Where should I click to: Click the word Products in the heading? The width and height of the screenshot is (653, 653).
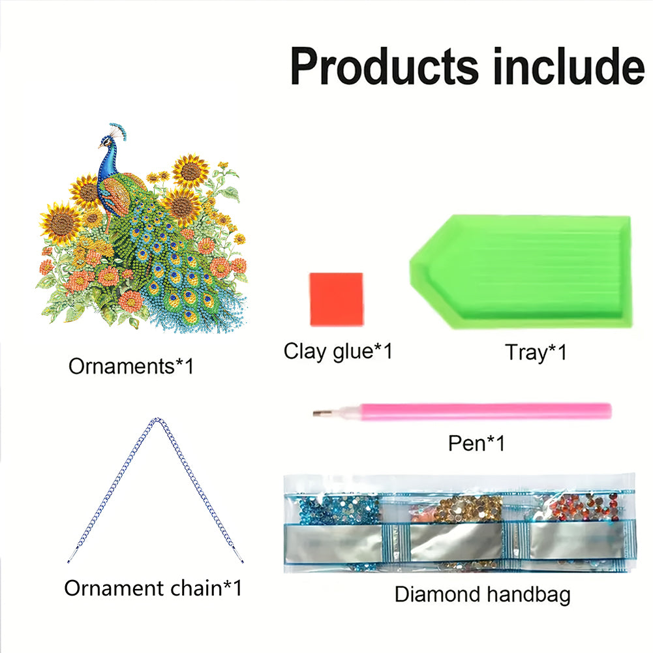pos(384,66)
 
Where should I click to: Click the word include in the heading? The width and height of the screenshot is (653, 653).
pos(568,65)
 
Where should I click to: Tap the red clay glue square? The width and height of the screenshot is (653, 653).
pos(336,299)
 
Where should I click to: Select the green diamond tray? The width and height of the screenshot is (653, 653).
pos(521,271)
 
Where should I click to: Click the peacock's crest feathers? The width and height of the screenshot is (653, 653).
pos(119,130)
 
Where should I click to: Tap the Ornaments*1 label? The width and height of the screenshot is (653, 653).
pos(130,367)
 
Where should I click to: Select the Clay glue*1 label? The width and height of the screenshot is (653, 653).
pos(338,351)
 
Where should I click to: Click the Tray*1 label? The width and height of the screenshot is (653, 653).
pos(536,352)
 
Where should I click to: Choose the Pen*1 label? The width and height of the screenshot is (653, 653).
pos(476,443)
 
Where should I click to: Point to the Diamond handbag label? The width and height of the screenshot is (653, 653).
pos(482,594)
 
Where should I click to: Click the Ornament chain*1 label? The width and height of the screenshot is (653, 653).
pos(153,588)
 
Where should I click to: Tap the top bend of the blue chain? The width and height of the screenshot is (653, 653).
pos(156,419)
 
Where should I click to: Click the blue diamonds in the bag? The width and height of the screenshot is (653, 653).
pos(339,508)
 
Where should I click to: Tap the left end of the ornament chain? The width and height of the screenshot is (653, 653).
pos(69,561)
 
